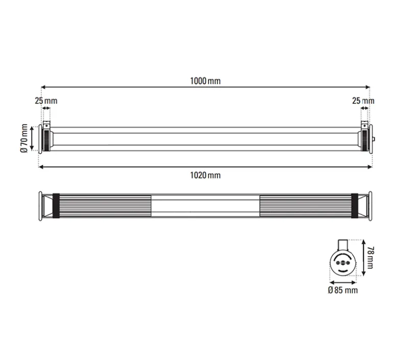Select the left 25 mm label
pyautogui.click(x=46, y=101)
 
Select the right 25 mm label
pyautogui.click(x=363, y=101)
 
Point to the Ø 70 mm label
pyautogui.click(x=23, y=138)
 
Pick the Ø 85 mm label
pyautogui.click(x=343, y=290)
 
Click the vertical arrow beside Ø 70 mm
pyautogui.click(x=32, y=138)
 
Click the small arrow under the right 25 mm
pyautogui.click(x=365, y=108)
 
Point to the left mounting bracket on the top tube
pyautogui.click(x=46, y=125)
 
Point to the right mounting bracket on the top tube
pyautogui.click(x=365, y=125)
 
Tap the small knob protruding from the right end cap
pyautogui.click(x=374, y=139)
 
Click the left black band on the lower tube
pyautogui.click(x=56, y=206)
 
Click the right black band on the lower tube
pyautogui.click(x=354, y=206)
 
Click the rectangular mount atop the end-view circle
pyautogui.click(x=343, y=244)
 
